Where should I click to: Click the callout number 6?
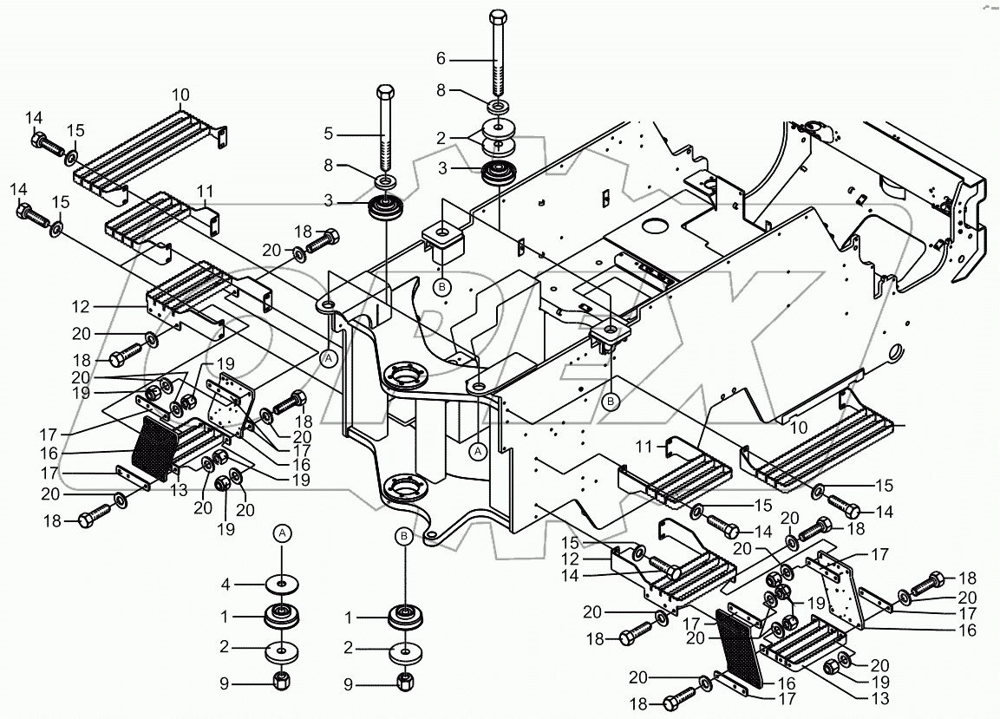click(x=441, y=59)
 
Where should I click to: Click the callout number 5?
click(x=328, y=134)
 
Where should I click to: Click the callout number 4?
click(x=224, y=582)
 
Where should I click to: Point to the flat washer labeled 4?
click(x=282, y=583)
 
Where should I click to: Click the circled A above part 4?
click(x=282, y=533)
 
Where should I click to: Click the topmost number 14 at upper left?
click(x=33, y=118)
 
